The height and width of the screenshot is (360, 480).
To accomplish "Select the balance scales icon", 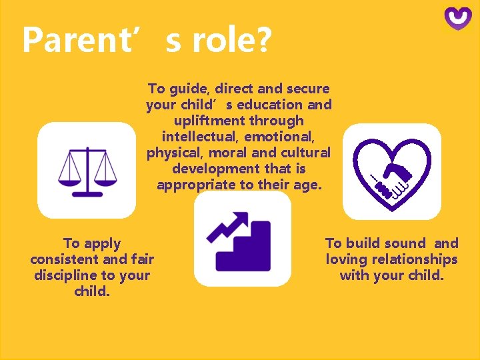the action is coord(87,170).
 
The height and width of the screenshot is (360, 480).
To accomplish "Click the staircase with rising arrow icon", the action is coord(242,239).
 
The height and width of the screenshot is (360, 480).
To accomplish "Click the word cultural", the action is coord(304,153).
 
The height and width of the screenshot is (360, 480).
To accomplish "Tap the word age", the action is coord(307,185).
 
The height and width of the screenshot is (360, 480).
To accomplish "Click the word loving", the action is coord(347,259).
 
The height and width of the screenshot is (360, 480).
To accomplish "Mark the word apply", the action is coord(100,244).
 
